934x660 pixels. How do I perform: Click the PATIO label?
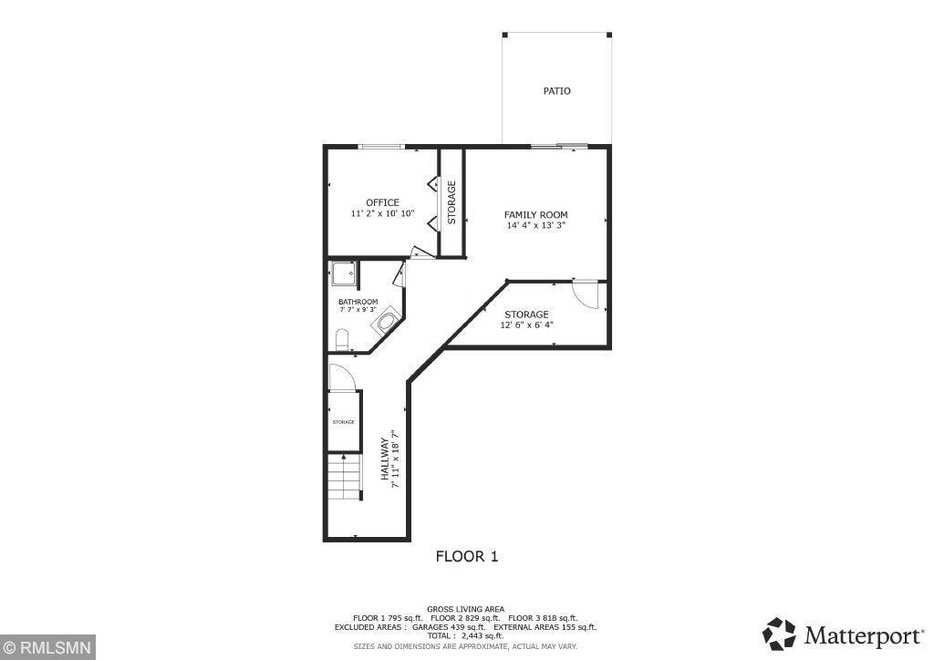556,91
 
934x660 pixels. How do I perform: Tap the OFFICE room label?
382,202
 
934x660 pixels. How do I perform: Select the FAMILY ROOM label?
535,215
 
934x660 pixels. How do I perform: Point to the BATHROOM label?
358,302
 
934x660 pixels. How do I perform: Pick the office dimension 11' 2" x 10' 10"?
382,213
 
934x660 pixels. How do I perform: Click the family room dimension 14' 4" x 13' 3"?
535,225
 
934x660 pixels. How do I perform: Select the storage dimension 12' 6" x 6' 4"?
526,325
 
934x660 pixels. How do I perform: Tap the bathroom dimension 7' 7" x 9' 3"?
358,310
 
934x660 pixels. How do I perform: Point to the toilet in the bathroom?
342,341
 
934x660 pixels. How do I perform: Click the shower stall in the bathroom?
344,273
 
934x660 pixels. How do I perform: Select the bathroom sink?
387,322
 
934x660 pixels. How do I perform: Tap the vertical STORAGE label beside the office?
451,202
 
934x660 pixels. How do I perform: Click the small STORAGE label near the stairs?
343,422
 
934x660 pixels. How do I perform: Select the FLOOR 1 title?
466,556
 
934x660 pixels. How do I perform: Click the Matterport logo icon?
780,633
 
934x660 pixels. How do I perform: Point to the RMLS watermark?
47,649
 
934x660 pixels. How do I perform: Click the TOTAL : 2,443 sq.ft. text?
465,635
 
